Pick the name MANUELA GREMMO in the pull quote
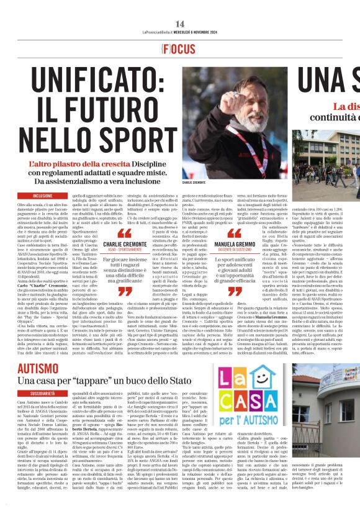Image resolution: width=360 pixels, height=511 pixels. point(234,244)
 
